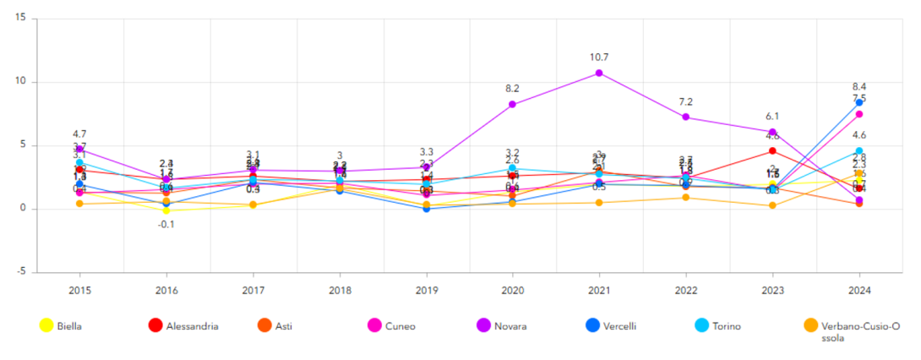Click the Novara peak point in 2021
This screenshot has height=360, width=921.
pyautogui.click(x=599, y=73)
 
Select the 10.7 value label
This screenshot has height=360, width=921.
pyautogui.click(x=599, y=57)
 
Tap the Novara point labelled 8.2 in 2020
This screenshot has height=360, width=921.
pyautogui.click(x=512, y=104)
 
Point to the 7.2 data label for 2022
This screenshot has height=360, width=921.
pyautogui.click(x=685, y=102)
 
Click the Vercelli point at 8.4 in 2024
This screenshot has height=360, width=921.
pyautogui.click(x=858, y=102)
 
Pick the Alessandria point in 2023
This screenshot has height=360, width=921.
pyautogui.click(x=771, y=150)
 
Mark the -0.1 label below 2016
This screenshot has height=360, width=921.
pyautogui.click(x=166, y=224)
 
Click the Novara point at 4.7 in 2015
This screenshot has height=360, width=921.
pyautogui.click(x=79, y=149)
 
